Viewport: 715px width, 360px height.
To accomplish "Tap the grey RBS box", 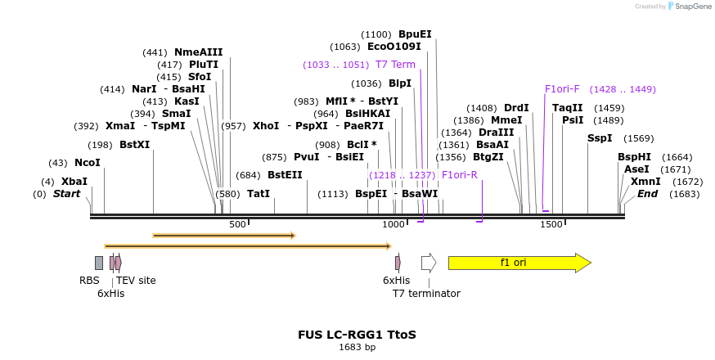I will (99, 263).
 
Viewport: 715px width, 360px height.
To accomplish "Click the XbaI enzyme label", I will (74, 181).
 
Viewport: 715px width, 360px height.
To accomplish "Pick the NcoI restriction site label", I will (87, 163).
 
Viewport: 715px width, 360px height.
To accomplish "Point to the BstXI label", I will (135, 145).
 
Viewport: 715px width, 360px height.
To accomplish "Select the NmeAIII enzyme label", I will (198, 52).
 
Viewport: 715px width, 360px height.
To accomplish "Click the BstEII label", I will (285, 175).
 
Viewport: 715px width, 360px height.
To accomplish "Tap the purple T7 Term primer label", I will (395, 65).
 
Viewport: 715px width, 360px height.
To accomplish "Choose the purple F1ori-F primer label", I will (562, 89).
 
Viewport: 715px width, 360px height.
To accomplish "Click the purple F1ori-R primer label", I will (460, 175).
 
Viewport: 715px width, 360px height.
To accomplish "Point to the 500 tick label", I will (237, 224).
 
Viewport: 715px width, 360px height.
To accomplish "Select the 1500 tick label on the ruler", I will (551, 224).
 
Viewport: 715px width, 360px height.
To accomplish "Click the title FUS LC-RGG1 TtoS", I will (357, 335).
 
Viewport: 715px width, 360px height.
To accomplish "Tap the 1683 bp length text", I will (357, 347).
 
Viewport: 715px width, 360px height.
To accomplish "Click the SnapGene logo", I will (689, 7).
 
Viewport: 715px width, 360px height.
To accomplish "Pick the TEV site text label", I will (136, 281).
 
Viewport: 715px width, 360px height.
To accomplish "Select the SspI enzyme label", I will (600, 138).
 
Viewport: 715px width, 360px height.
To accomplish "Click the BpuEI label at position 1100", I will (415, 34).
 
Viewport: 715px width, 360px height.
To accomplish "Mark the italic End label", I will (647, 194).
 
